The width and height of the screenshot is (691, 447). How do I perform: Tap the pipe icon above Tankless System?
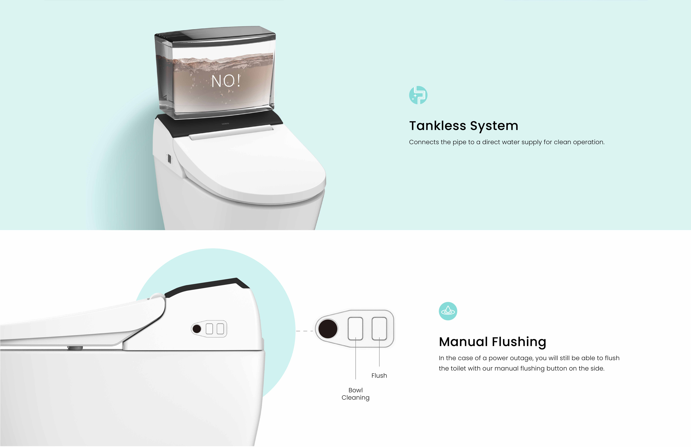(x=418, y=95)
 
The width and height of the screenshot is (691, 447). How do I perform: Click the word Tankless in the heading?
(x=438, y=126)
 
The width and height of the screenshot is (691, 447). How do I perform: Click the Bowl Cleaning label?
(x=355, y=394)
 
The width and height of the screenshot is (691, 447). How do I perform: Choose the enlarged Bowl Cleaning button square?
(x=355, y=328)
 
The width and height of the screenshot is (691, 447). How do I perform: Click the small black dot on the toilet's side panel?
(x=197, y=329)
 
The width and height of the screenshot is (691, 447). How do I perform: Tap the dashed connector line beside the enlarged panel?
(x=305, y=331)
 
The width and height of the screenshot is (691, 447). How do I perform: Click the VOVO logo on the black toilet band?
(x=225, y=124)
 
